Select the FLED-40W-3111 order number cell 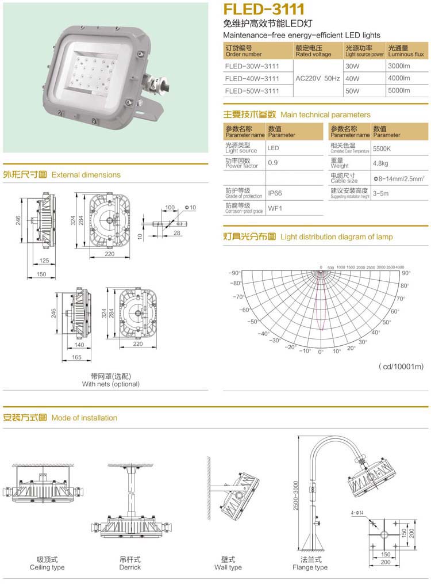coord(252,78)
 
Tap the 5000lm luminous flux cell coord(398,90)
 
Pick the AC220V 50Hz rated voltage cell coord(318,78)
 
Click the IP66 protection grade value coord(275,193)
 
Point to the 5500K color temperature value coord(382,148)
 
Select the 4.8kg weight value coord(380,164)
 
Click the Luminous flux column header coord(406,51)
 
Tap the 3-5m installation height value coord(380,193)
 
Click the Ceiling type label coord(47,563)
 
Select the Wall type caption coord(228,563)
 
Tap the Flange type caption coord(310,563)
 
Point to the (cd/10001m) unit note coord(401,367)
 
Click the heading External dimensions coord(86,174)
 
